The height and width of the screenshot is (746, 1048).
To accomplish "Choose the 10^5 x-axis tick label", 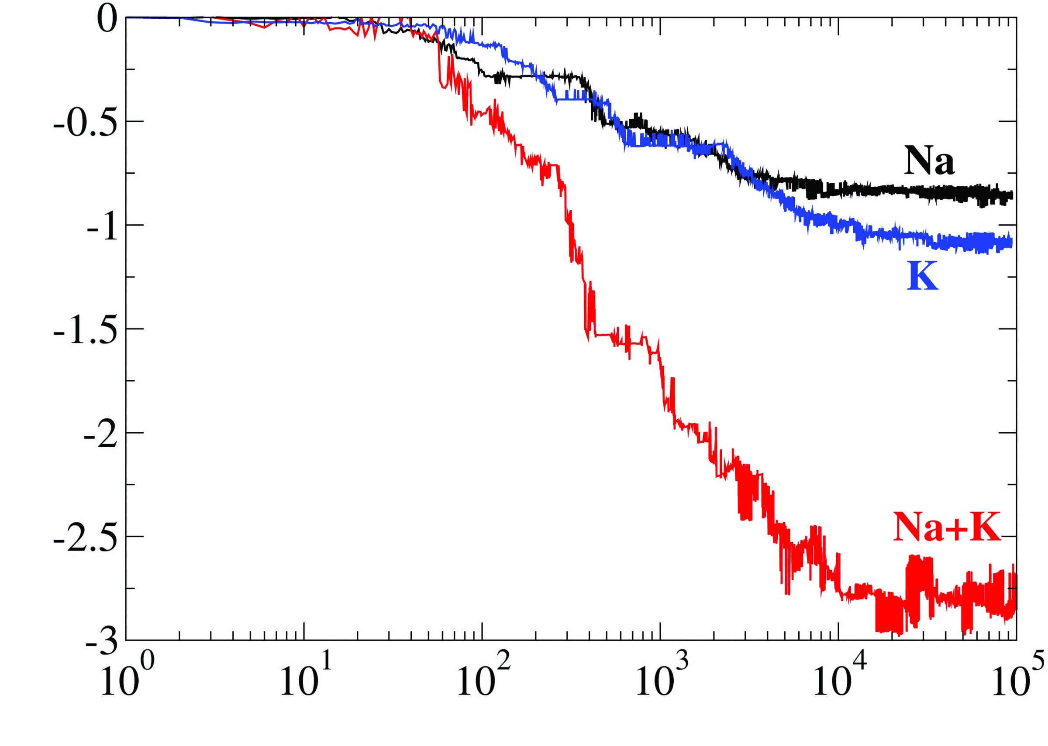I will pyautogui.click(x=1011, y=682).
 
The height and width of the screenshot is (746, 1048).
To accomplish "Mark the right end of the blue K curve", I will pyautogui.click(x=1011, y=242).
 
